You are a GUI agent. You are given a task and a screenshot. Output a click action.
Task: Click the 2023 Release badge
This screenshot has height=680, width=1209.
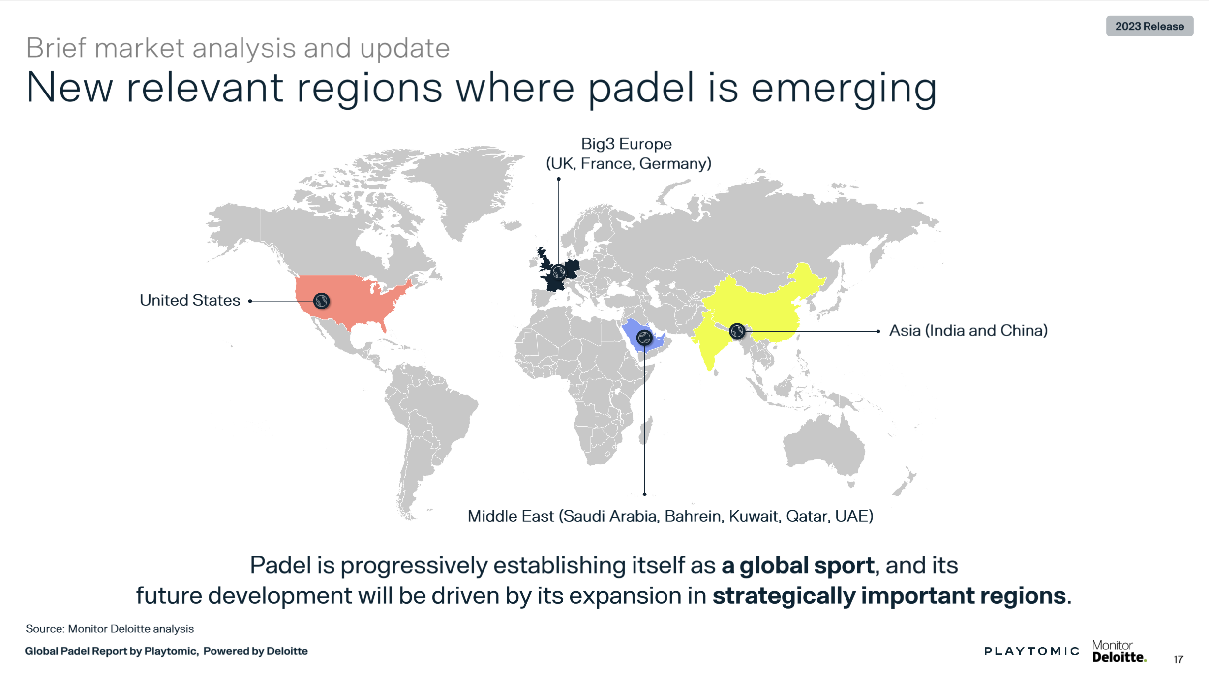click(1149, 26)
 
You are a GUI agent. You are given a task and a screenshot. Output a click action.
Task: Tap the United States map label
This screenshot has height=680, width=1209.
click(190, 300)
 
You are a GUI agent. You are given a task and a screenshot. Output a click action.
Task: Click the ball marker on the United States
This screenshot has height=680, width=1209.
click(321, 301)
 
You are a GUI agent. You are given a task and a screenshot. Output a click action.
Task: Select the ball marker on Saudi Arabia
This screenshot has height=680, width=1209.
click(644, 338)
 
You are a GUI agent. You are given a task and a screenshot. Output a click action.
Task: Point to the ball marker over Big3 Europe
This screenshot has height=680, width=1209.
click(558, 272)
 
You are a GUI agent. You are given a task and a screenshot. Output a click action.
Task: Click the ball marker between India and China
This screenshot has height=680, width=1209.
click(737, 331)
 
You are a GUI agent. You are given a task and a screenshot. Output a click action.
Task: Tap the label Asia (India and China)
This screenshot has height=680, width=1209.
click(968, 331)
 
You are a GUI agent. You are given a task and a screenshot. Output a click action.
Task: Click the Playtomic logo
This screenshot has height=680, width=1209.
click(1031, 651)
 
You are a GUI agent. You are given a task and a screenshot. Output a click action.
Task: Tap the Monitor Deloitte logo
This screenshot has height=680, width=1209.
click(1119, 651)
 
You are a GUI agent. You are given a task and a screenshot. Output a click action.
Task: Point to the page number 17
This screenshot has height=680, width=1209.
click(1178, 660)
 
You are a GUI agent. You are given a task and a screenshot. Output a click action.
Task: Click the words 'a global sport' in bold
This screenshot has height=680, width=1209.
click(797, 565)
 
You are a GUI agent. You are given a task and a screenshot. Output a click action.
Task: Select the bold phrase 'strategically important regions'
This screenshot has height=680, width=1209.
click(889, 596)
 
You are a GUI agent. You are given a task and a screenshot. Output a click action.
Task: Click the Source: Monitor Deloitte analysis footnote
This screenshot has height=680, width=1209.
click(110, 629)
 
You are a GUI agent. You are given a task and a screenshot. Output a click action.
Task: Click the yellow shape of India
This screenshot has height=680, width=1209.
click(711, 340)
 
